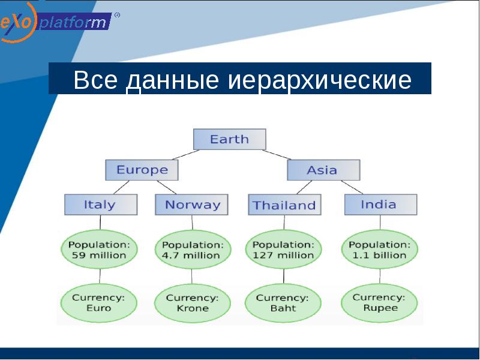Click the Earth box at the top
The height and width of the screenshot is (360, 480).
pos(229,139)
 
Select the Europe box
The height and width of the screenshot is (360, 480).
pos(142,170)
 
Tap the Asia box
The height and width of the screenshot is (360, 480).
pos(323,170)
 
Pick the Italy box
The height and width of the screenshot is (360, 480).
pos(100,205)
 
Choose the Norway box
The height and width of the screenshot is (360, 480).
pos(192,205)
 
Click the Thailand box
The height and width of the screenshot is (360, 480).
pos(284,205)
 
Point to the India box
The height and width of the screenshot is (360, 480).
pos(379,205)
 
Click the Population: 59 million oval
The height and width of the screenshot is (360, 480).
pos(100,250)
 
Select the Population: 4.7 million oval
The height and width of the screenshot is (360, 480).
pos(192,250)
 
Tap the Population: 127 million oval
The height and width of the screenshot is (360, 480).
pos(283,250)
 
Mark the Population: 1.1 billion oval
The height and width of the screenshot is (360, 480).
pos(379,250)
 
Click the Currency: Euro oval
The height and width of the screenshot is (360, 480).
pos(100,302)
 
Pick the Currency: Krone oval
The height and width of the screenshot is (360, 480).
pos(192,302)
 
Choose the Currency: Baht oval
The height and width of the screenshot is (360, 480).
pos(283,302)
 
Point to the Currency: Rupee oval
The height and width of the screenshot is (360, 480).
pos(379,302)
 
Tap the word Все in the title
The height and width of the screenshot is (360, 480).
pos(96,80)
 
